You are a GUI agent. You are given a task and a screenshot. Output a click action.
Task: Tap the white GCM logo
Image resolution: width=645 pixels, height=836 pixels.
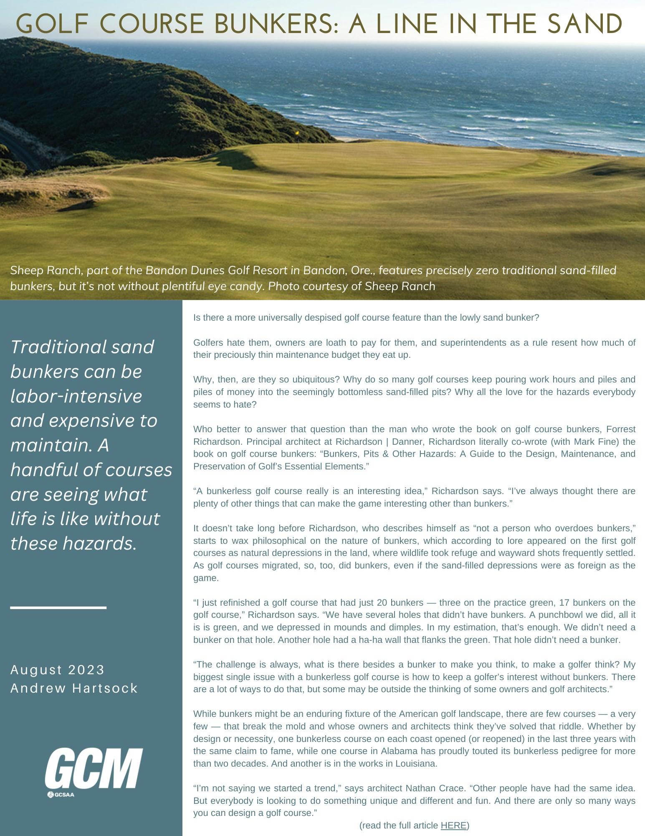[94, 769]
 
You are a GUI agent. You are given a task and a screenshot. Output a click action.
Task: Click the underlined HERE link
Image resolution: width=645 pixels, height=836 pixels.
[453, 825]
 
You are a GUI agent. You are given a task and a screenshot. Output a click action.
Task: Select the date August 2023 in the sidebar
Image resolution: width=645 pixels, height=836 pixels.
[57, 670]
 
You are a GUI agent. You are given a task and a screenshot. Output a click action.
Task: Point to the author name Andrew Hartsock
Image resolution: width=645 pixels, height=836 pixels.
[74, 688]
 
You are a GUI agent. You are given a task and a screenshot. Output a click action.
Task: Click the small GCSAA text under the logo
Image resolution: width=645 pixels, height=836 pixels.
[64, 795]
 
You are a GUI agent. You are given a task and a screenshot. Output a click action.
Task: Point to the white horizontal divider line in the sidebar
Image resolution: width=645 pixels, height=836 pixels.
[58, 607]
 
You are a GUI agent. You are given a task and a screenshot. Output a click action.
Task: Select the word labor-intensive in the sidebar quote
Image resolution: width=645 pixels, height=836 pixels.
[76, 396]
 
